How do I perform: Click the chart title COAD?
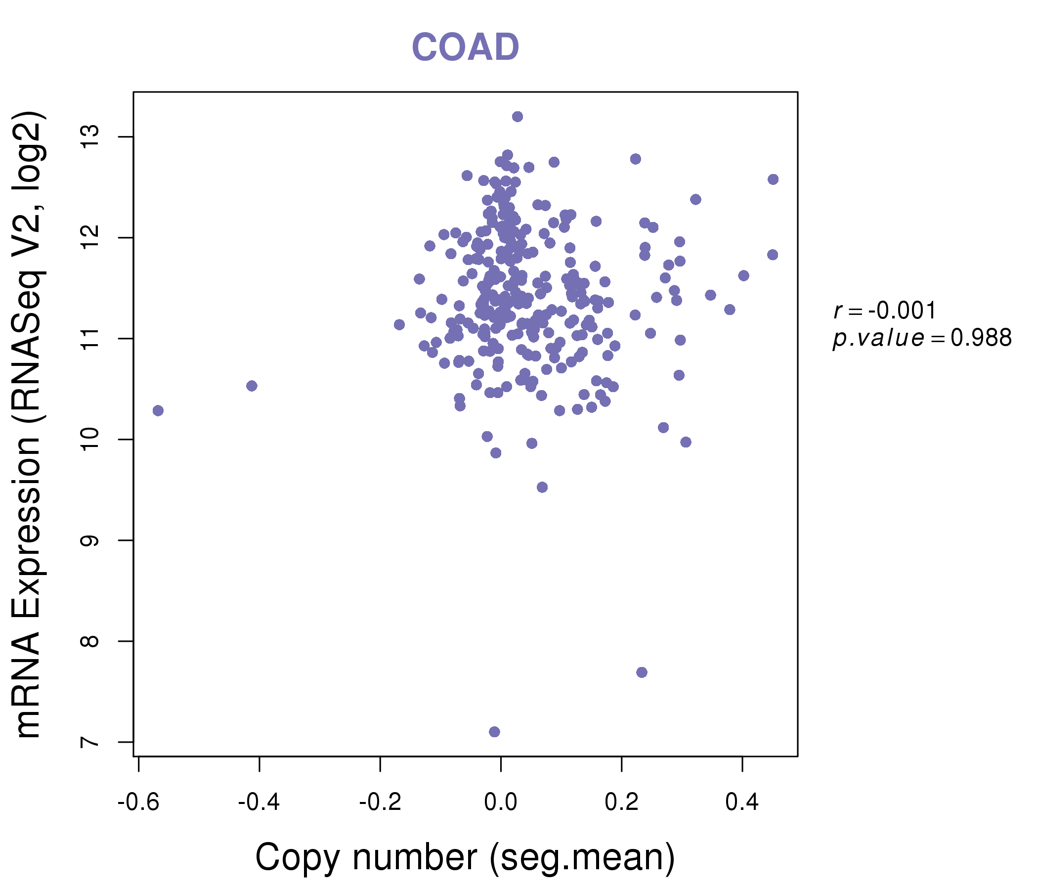click(465, 47)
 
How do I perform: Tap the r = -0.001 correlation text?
click(885, 311)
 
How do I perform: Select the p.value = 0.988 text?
click(922, 338)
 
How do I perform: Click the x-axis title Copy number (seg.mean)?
click(465, 858)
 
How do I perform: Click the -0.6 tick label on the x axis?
click(138, 802)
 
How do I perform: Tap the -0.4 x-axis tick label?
click(259, 802)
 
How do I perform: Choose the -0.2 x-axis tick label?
click(380, 802)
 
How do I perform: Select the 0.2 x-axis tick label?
click(621, 802)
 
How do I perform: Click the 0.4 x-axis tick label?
click(742, 802)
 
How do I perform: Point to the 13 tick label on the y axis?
click(90, 137)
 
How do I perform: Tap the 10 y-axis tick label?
click(90, 440)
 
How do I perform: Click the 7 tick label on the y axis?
click(90, 742)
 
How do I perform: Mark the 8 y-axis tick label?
click(90, 641)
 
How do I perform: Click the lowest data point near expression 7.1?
click(494, 732)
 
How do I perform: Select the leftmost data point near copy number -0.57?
click(158, 411)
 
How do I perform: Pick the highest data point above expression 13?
click(518, 117)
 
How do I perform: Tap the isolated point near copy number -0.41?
click(252, 386)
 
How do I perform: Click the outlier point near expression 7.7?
click(642, 672)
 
